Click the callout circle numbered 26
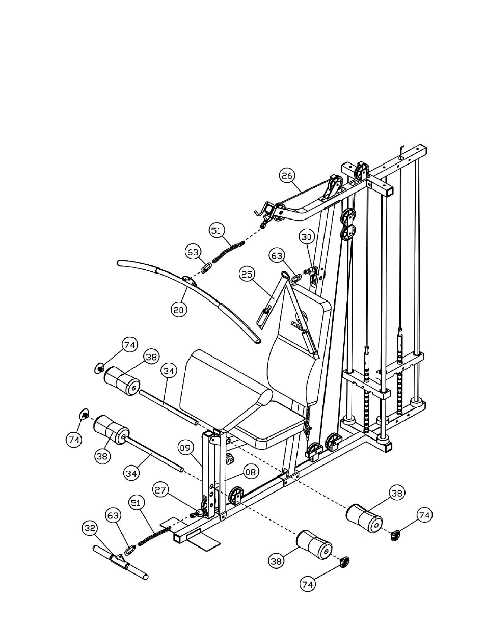[287, 176]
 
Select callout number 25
[247, 275]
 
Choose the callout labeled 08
[251, 472]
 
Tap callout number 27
[161, 490]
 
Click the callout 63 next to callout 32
[113, 516]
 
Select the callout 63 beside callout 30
[277, 256]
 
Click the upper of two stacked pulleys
[349, 216]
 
